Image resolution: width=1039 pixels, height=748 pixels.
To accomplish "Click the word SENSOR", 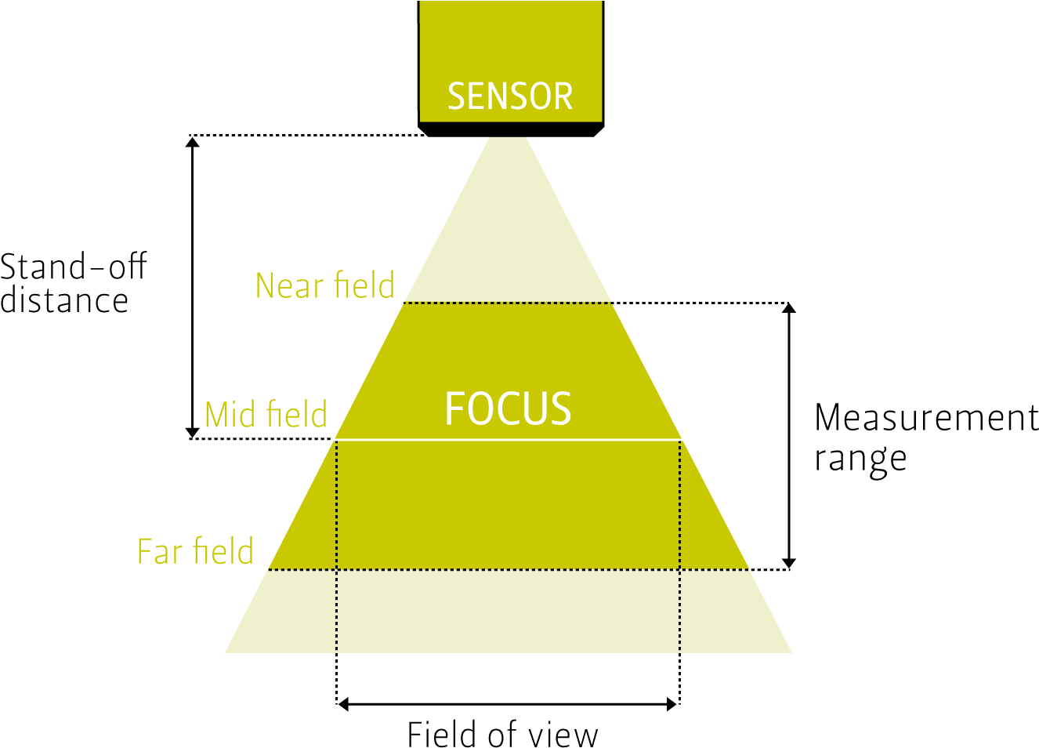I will pyautogui.click(x=510, y=96).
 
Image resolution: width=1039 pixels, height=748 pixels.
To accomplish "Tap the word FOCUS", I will pyautogui.click(x=508, y=408).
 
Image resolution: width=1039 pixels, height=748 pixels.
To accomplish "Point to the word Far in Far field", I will pyautogui.click(x=160, y=551).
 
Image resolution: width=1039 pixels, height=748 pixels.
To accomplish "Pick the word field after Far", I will pyautogui.click(x=224, y=551).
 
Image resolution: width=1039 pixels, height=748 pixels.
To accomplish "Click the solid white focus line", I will pyautogui.click(x=508, y=440).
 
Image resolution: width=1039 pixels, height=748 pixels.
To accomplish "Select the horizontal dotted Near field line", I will pyautogui.click(x=508, y=302).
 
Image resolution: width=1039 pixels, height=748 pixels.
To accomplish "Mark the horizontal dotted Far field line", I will pyautogui.click(x=508, y=570).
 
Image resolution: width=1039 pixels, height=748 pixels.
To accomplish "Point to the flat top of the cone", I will pyautogui.click(x=508, y=139).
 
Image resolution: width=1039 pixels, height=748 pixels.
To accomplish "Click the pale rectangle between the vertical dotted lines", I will pyautogui.click(x=508, y=612).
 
